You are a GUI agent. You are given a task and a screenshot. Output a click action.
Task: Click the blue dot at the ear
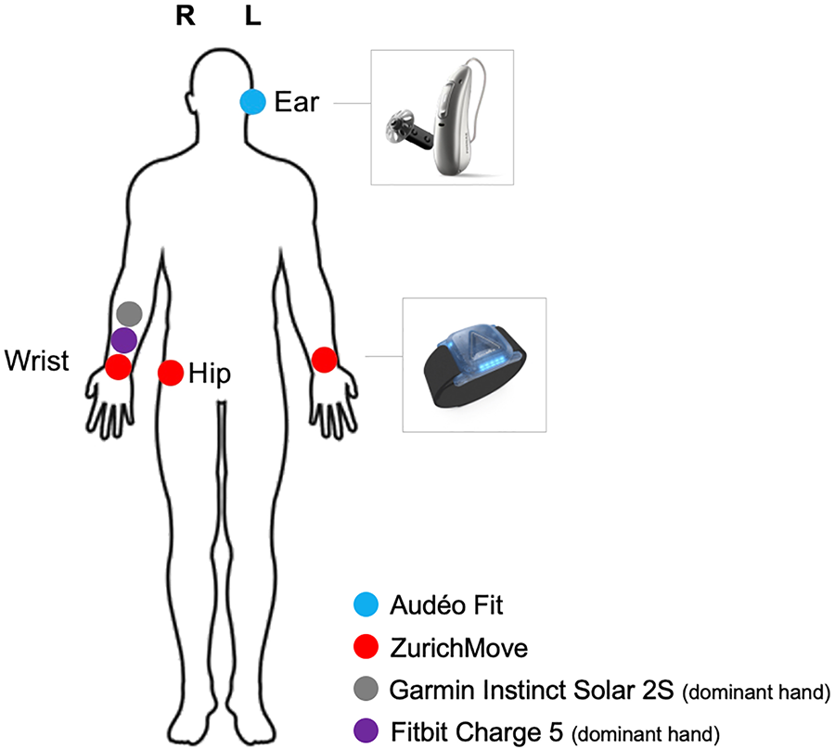tap(252, 102)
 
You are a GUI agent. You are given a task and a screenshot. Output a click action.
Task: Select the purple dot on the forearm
tap(123, 340)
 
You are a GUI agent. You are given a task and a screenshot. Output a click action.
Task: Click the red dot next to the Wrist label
tap(118, 367)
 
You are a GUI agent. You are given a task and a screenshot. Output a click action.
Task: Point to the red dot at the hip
tap(170, 373)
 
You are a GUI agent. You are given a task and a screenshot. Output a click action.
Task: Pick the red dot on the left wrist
tap(324, 360)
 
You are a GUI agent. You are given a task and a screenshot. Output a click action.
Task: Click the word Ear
tap(297, 102)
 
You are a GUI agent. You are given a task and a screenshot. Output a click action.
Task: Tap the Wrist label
tap(36, 361)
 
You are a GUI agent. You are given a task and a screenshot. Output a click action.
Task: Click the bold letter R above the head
tap(186, 19)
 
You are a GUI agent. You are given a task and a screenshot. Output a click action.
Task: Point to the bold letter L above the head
tap(253, 19)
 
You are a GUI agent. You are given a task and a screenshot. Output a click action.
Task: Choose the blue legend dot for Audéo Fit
tap(368, 607)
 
